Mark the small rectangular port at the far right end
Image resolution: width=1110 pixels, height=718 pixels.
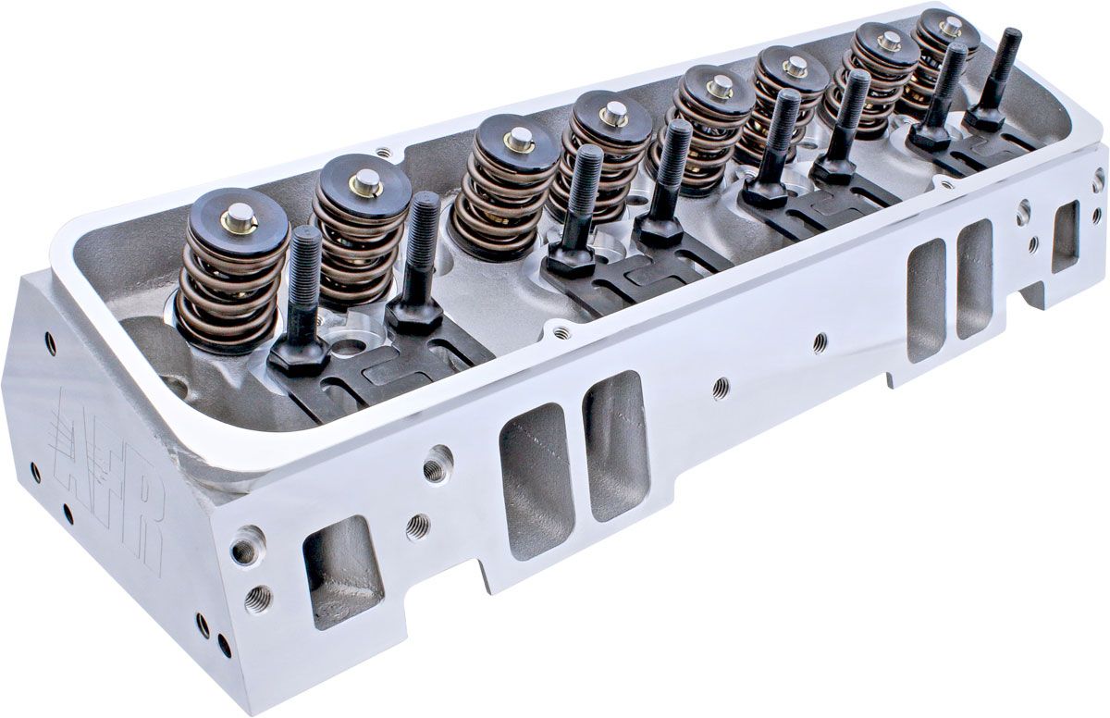tap(1064, 237)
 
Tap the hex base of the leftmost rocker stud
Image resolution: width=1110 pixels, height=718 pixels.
tap(300, 354)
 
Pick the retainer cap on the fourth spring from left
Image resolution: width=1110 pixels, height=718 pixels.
tap(611, 119)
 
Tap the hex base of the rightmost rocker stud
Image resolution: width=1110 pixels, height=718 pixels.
tap(984, 118)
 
